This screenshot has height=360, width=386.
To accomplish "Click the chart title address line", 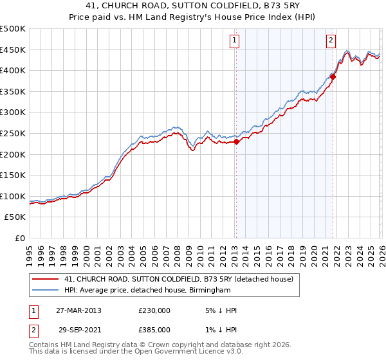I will click(192, 6).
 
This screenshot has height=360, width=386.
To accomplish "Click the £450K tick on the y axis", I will click(13, 50).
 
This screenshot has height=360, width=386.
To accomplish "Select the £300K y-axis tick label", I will click(13, 113).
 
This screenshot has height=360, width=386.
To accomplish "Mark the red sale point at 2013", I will click(236, 142).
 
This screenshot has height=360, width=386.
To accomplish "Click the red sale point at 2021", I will click(333, 76).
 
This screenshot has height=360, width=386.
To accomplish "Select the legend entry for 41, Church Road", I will click(179, 279).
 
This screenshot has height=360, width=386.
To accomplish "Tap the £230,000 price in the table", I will click(154, 310).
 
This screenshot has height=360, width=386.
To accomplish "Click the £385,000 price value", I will click(154, 329).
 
